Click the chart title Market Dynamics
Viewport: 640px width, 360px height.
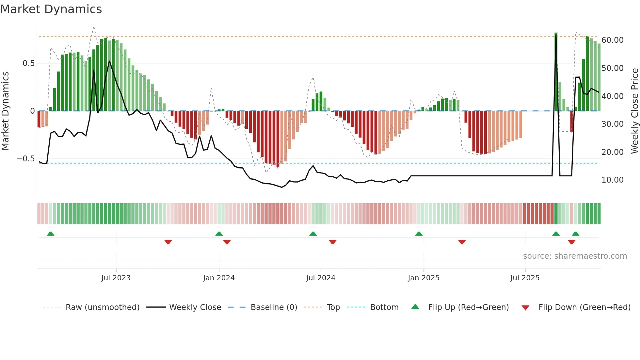point(51,9)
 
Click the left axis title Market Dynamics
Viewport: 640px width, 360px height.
point(5,111)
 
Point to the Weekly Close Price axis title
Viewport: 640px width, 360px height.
point(634,111)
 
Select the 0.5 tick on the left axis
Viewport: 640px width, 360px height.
point(28,63)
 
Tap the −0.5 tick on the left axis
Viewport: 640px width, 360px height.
point(26,159)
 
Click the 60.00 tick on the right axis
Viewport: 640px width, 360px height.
point(612,40)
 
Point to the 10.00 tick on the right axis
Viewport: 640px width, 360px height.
point(612,180)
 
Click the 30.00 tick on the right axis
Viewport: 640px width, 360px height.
point(612,124)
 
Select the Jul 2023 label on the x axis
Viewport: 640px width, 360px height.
point(116,278)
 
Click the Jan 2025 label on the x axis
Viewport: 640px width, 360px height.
point(424,278)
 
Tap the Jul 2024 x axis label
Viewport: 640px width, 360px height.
point(321,278)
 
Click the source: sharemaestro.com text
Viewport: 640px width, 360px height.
point(575,256)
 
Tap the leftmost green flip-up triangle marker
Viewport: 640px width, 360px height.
point(51,234)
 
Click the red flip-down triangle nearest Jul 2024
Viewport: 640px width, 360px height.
point(333,242)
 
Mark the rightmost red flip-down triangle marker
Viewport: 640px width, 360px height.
point(571,242)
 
